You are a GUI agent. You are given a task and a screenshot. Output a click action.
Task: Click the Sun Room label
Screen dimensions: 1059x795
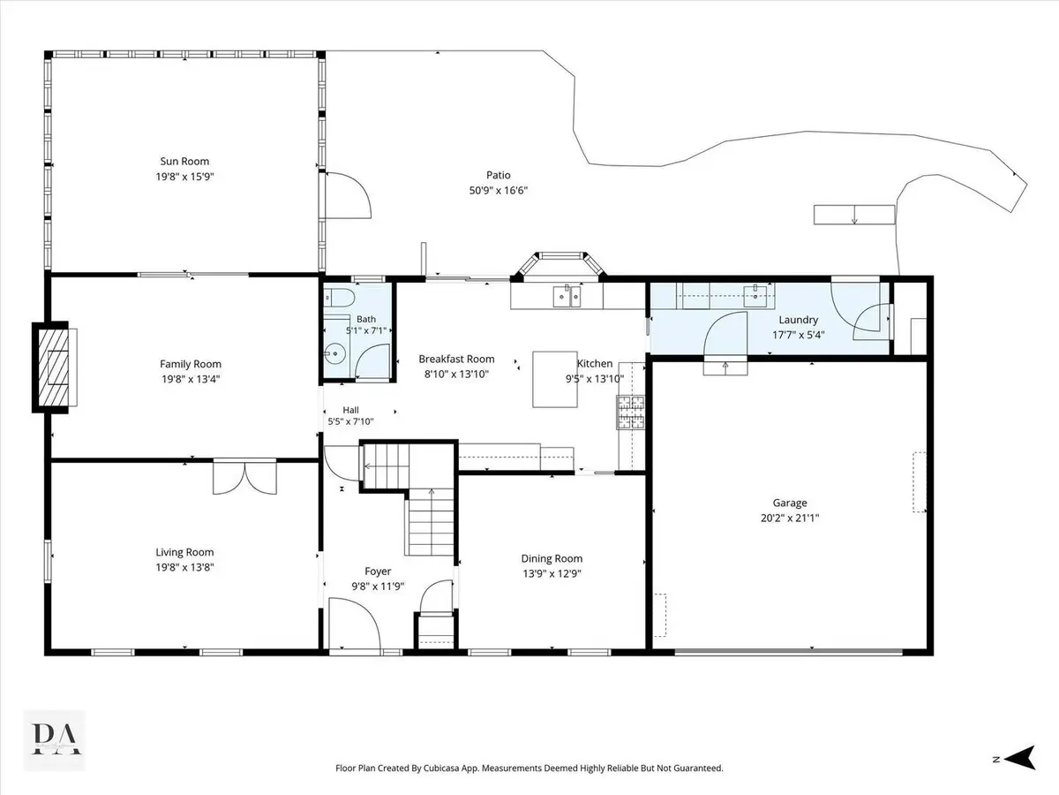[x=184, y=162]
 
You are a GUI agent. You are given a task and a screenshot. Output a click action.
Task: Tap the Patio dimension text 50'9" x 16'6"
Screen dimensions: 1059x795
[x=499, y=190]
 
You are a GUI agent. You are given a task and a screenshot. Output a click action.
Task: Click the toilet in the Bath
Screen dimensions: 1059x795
[x=339, y=298]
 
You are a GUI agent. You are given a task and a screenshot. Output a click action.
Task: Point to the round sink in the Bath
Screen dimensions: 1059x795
[x=334, y=354]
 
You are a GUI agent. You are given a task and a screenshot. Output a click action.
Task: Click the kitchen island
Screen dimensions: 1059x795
[x=555, y=380]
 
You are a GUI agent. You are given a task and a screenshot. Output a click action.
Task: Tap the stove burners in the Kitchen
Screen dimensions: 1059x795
[x=631, y=413]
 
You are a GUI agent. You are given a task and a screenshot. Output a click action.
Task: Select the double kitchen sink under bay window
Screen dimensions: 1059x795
[x=567, y=296]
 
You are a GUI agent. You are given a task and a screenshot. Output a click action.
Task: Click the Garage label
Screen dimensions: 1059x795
[x=790, y=503]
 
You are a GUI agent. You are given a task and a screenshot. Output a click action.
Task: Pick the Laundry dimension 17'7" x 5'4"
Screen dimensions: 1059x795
[x=798, y=335]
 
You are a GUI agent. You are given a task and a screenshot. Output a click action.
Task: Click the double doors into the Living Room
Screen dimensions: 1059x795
[x=245, y=477]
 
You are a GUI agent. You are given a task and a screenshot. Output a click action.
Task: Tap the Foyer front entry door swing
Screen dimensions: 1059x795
[x=355, y=624]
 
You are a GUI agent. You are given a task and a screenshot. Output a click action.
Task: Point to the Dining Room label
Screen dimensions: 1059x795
[x=552, y=558]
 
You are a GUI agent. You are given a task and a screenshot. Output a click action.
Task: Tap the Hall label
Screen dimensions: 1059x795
[x=350, y=410]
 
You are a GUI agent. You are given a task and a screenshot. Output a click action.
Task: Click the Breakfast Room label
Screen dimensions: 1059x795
[x=456, y=360]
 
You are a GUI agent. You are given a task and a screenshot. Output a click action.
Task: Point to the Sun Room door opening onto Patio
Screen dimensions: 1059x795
[x=349, y=195]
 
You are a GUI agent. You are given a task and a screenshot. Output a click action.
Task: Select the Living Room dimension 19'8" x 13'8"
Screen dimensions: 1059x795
[x=184, y=567]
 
